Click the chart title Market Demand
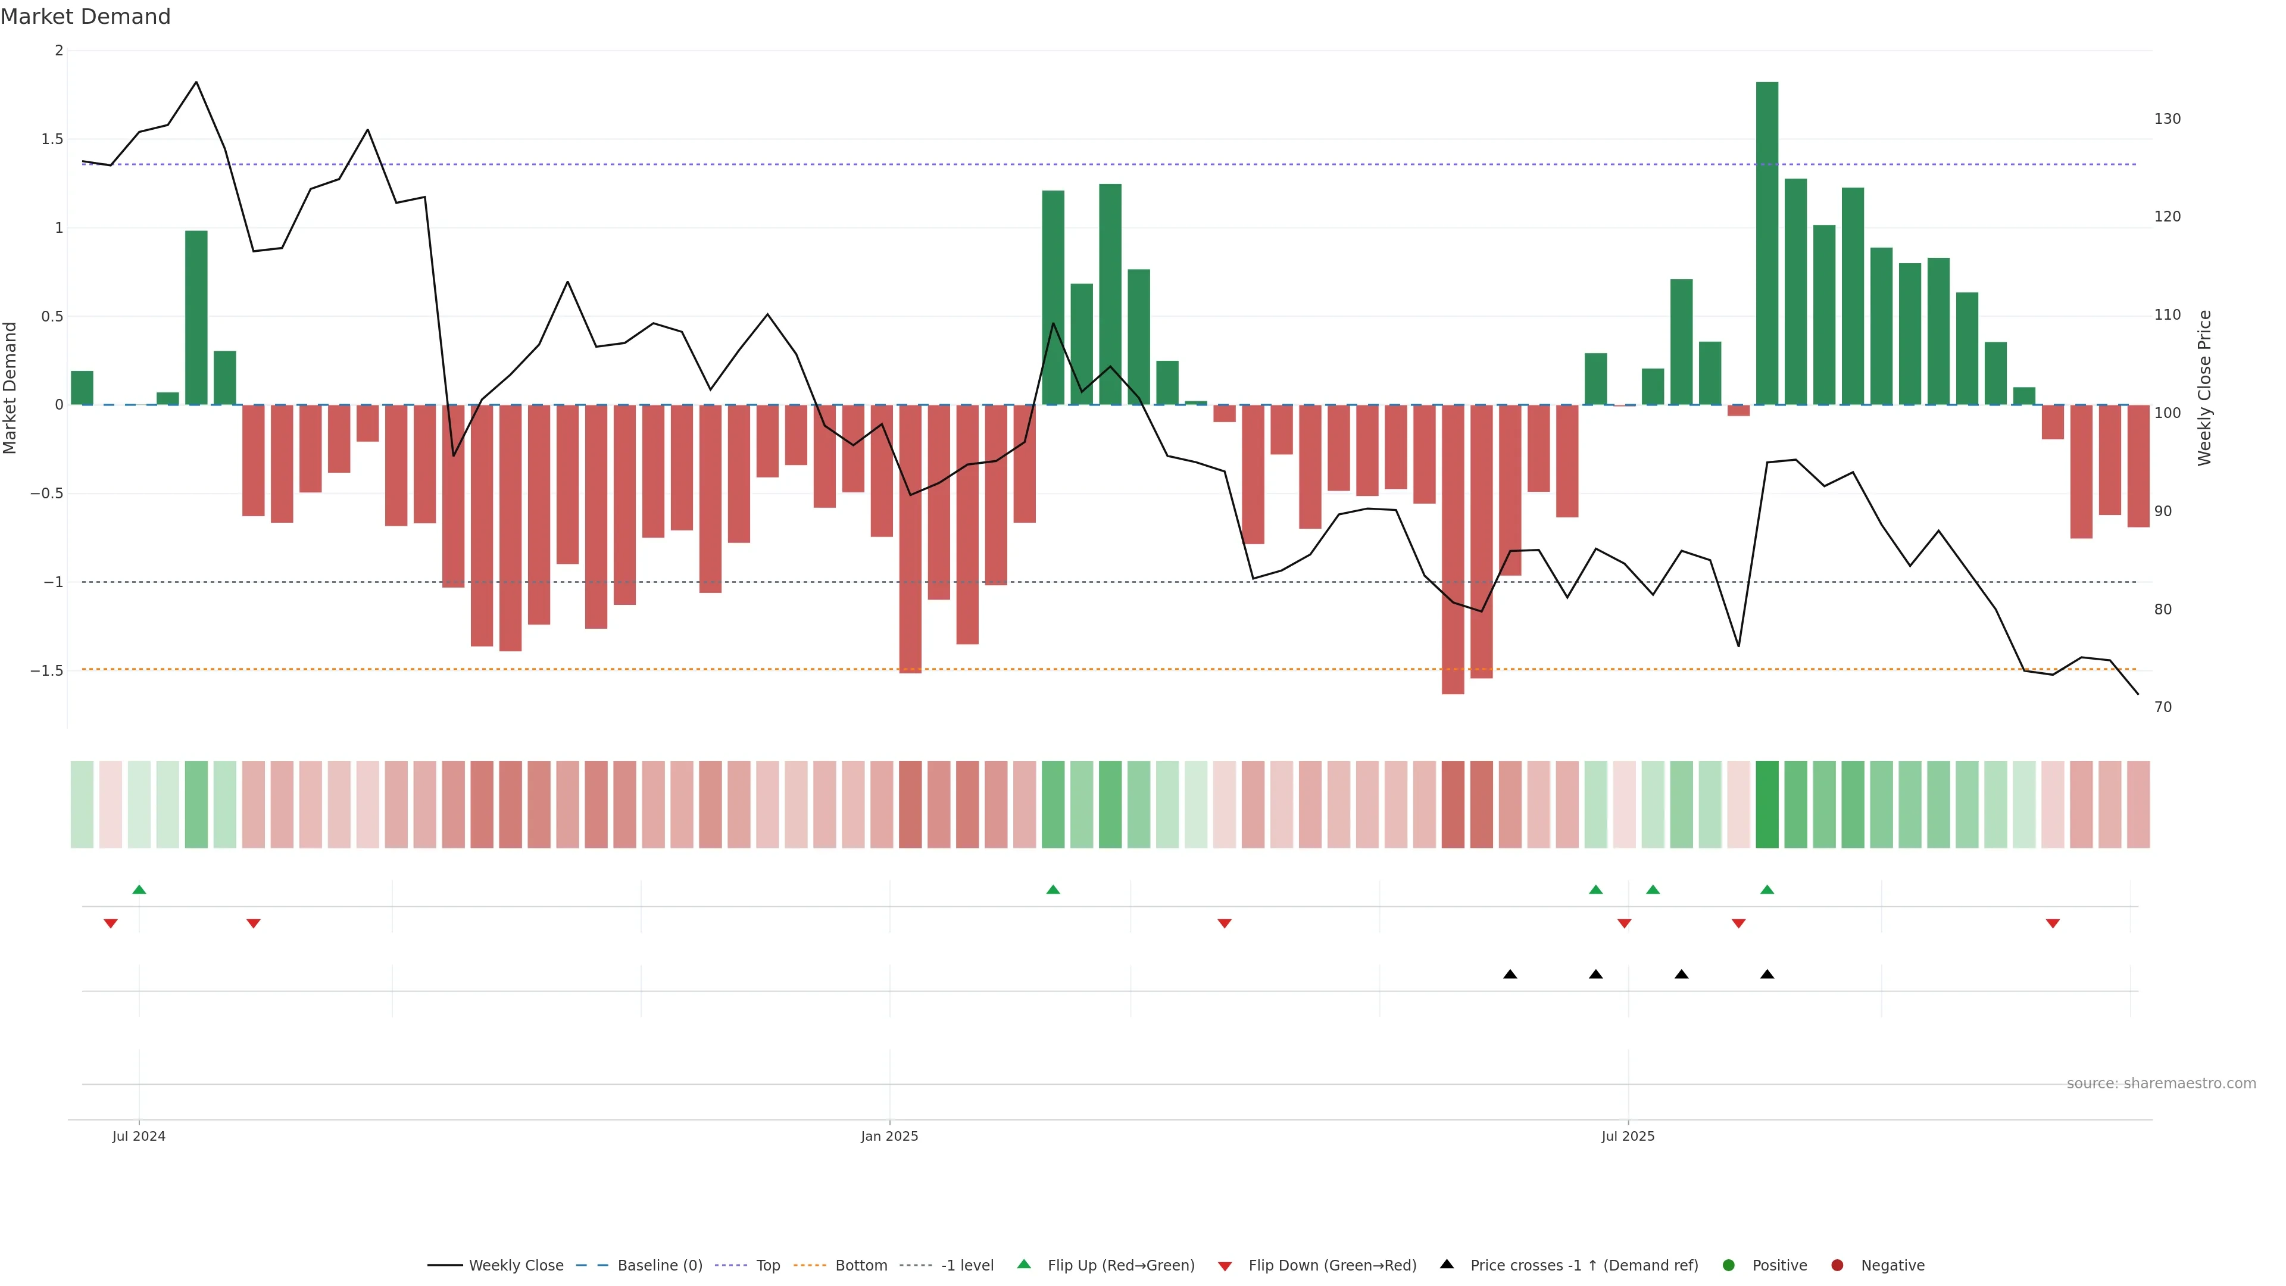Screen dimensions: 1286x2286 [85, 17]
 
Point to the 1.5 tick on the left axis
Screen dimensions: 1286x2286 [52, 139]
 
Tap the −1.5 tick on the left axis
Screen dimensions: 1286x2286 [47, 671]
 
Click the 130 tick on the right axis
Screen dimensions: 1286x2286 [2166, 119]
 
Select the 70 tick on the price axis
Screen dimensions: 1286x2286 [2163, 707]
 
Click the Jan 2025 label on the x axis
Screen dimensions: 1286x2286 [889, 1136]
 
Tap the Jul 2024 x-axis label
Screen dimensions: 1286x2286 [139, 1136]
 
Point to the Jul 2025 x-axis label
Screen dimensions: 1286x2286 [1628, 1136]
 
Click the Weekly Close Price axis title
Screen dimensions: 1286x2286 [2204, 388]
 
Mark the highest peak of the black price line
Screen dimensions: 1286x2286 [196, 83]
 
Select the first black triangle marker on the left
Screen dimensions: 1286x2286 [1510, 975]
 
